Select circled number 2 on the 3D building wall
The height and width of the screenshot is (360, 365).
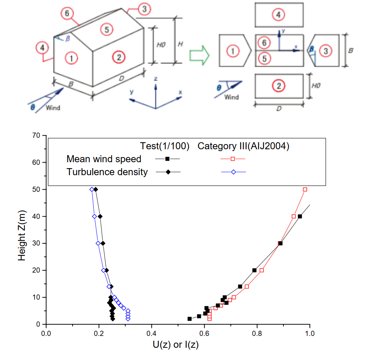(119, 57)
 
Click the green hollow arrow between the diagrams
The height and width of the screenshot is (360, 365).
(199, 55)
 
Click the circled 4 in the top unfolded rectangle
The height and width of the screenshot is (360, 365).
(278, 15)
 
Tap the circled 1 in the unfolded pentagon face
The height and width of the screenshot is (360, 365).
(232, 51)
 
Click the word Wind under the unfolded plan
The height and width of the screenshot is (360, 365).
(232, 97)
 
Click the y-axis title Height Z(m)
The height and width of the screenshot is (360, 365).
(23, 230)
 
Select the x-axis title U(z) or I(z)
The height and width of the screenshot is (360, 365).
(176, 346)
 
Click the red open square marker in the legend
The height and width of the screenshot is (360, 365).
(233, 159)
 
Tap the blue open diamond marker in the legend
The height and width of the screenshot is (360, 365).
(233, 172)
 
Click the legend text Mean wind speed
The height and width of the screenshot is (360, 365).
(104, 159)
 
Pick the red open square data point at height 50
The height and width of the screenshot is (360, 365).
(305, 189)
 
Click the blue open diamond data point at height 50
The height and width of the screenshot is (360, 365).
(92, 189)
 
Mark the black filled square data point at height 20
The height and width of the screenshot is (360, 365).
(254, 270)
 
